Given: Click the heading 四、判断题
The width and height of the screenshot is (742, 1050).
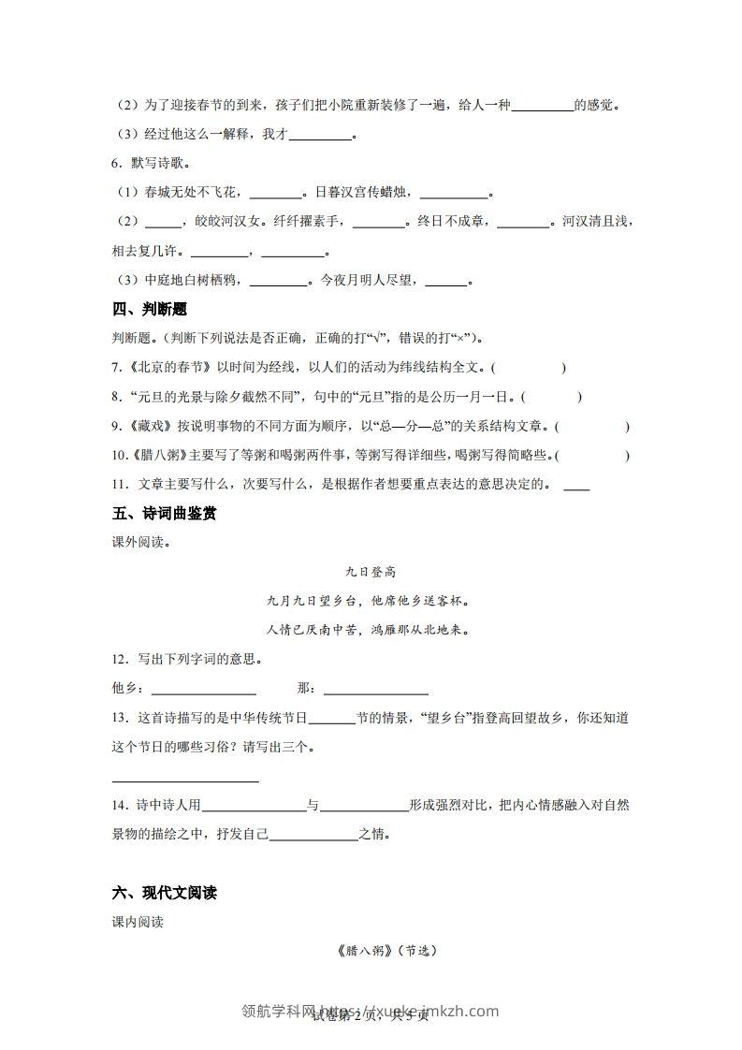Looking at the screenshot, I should click(149, 310).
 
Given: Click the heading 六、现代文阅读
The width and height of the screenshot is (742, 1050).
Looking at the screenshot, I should click(164, 893).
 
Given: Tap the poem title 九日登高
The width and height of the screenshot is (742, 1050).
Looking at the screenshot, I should click(371, 572).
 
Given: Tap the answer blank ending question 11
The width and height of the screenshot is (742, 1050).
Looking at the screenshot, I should click(577, 486).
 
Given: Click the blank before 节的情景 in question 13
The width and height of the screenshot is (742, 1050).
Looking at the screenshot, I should click(331, 719).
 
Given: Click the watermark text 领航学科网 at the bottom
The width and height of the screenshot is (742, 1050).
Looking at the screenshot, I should click(280, 1012).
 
